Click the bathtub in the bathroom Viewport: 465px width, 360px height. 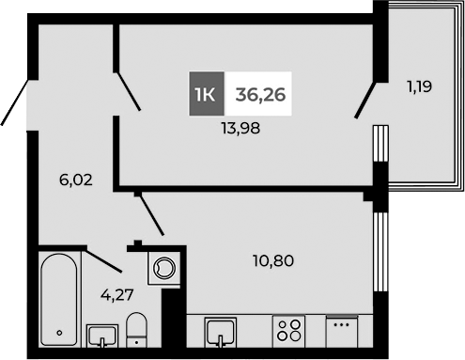pos(60,299)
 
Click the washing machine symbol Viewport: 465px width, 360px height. pos(166,267)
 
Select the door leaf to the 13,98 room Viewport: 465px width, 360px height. pos(128,91)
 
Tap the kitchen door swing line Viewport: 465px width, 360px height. pos(151,215)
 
